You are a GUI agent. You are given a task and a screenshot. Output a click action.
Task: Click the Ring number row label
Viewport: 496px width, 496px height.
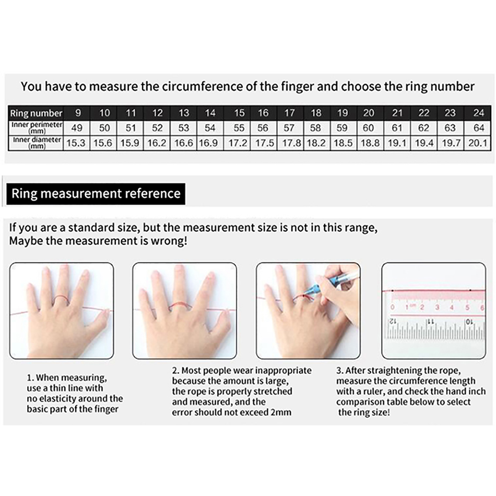pyautogui.click(x=36, y=113)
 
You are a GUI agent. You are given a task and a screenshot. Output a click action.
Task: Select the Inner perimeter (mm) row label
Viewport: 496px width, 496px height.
pyautogui.click(x=37, y=127)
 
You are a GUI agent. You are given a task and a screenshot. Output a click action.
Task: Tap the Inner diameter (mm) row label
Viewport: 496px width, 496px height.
pyautogui.click(x=37, y=143)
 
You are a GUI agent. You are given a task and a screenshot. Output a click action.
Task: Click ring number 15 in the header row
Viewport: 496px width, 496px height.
pyautogui.click(x=239, y=113)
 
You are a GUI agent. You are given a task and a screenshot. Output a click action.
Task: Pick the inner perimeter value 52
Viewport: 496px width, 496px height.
pyautogui.click(x=157, y=128)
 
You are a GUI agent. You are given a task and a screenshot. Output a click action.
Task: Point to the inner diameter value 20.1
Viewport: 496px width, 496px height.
pyautogui.click(x=478, y=143)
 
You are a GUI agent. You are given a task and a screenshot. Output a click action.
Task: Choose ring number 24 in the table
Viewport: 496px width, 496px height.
pyautogui.click(x=479, y=113)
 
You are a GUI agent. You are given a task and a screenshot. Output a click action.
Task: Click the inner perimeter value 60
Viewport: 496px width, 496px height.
pyautogui.click(x=368, y=128)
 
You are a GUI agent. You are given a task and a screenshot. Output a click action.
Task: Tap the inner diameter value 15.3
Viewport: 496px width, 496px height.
pyautogui.click(x=76, y=143)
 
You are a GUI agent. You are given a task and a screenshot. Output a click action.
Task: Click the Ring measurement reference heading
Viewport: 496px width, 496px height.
pyautogui.click(x=96, y=193)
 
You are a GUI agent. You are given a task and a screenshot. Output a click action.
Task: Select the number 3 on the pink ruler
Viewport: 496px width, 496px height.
pyautogui.click(x=437, y=308)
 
